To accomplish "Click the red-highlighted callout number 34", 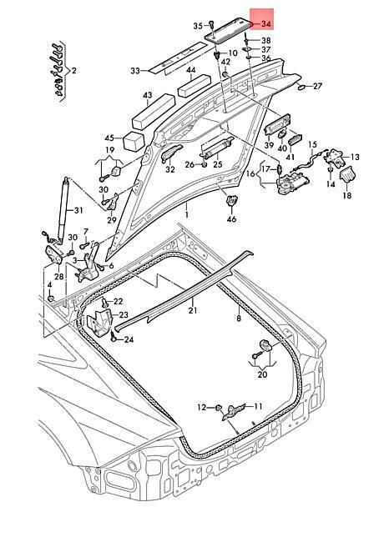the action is (x=265, y=24).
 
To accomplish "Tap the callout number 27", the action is (x=317, y=86).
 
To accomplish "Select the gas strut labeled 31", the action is (x=64, y=208).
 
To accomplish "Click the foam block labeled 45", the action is (x=134, y=141).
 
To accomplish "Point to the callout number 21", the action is (x=193, y=310).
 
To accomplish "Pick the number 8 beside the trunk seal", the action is (x=239, y=318).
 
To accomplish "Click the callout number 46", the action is (x=231, y=218).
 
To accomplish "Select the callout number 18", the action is (x=347, y=196).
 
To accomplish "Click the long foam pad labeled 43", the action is (x=153, y=111).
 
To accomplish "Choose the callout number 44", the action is (x=191, y=70).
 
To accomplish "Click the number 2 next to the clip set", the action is (x=73, y=71).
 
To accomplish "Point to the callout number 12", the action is (x=202, y=408).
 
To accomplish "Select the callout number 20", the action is (x=263, y=374).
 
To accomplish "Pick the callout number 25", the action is (x=218, y=163).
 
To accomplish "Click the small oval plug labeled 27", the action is (x=301, y=87).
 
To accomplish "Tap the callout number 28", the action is (x=59, y=276).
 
